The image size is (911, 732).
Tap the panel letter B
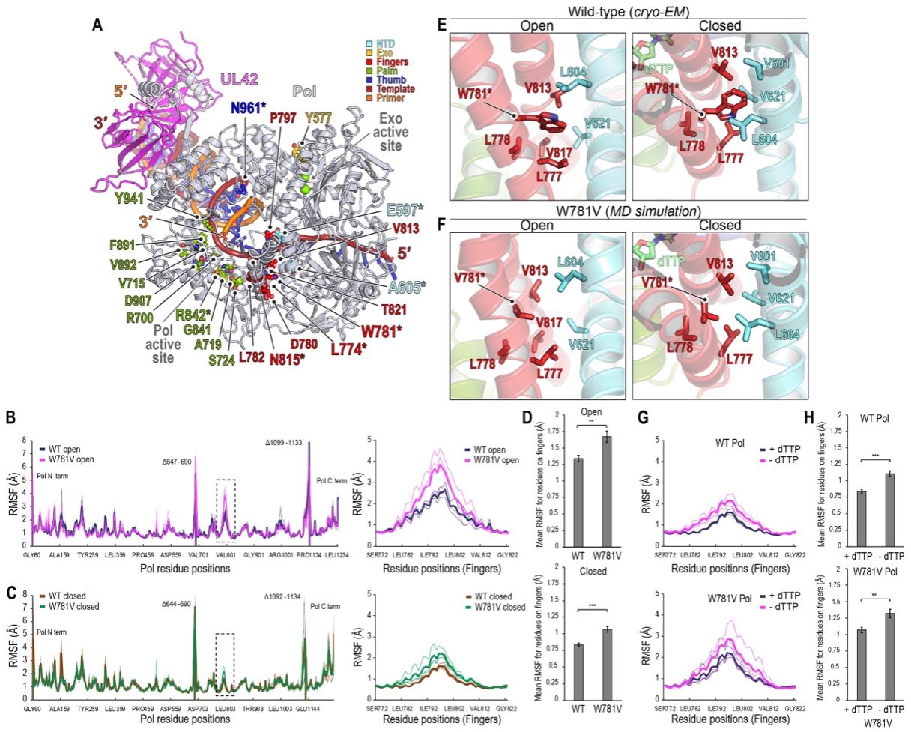10,416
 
